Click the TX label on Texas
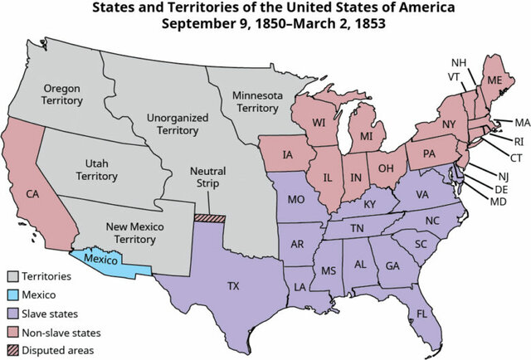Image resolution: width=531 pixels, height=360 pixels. (x=234, y=286)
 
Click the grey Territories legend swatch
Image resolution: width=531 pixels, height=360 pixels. (x=12, y=275)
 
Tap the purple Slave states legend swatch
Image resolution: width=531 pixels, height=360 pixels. (x=12, y=314)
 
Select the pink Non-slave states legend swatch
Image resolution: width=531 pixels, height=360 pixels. (x=12, y=333)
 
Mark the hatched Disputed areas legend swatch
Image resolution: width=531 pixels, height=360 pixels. (x=12, y=351)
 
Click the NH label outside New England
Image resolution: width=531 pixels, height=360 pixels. (x=459, y=63)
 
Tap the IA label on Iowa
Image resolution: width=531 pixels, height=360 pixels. (x=287, y=154)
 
